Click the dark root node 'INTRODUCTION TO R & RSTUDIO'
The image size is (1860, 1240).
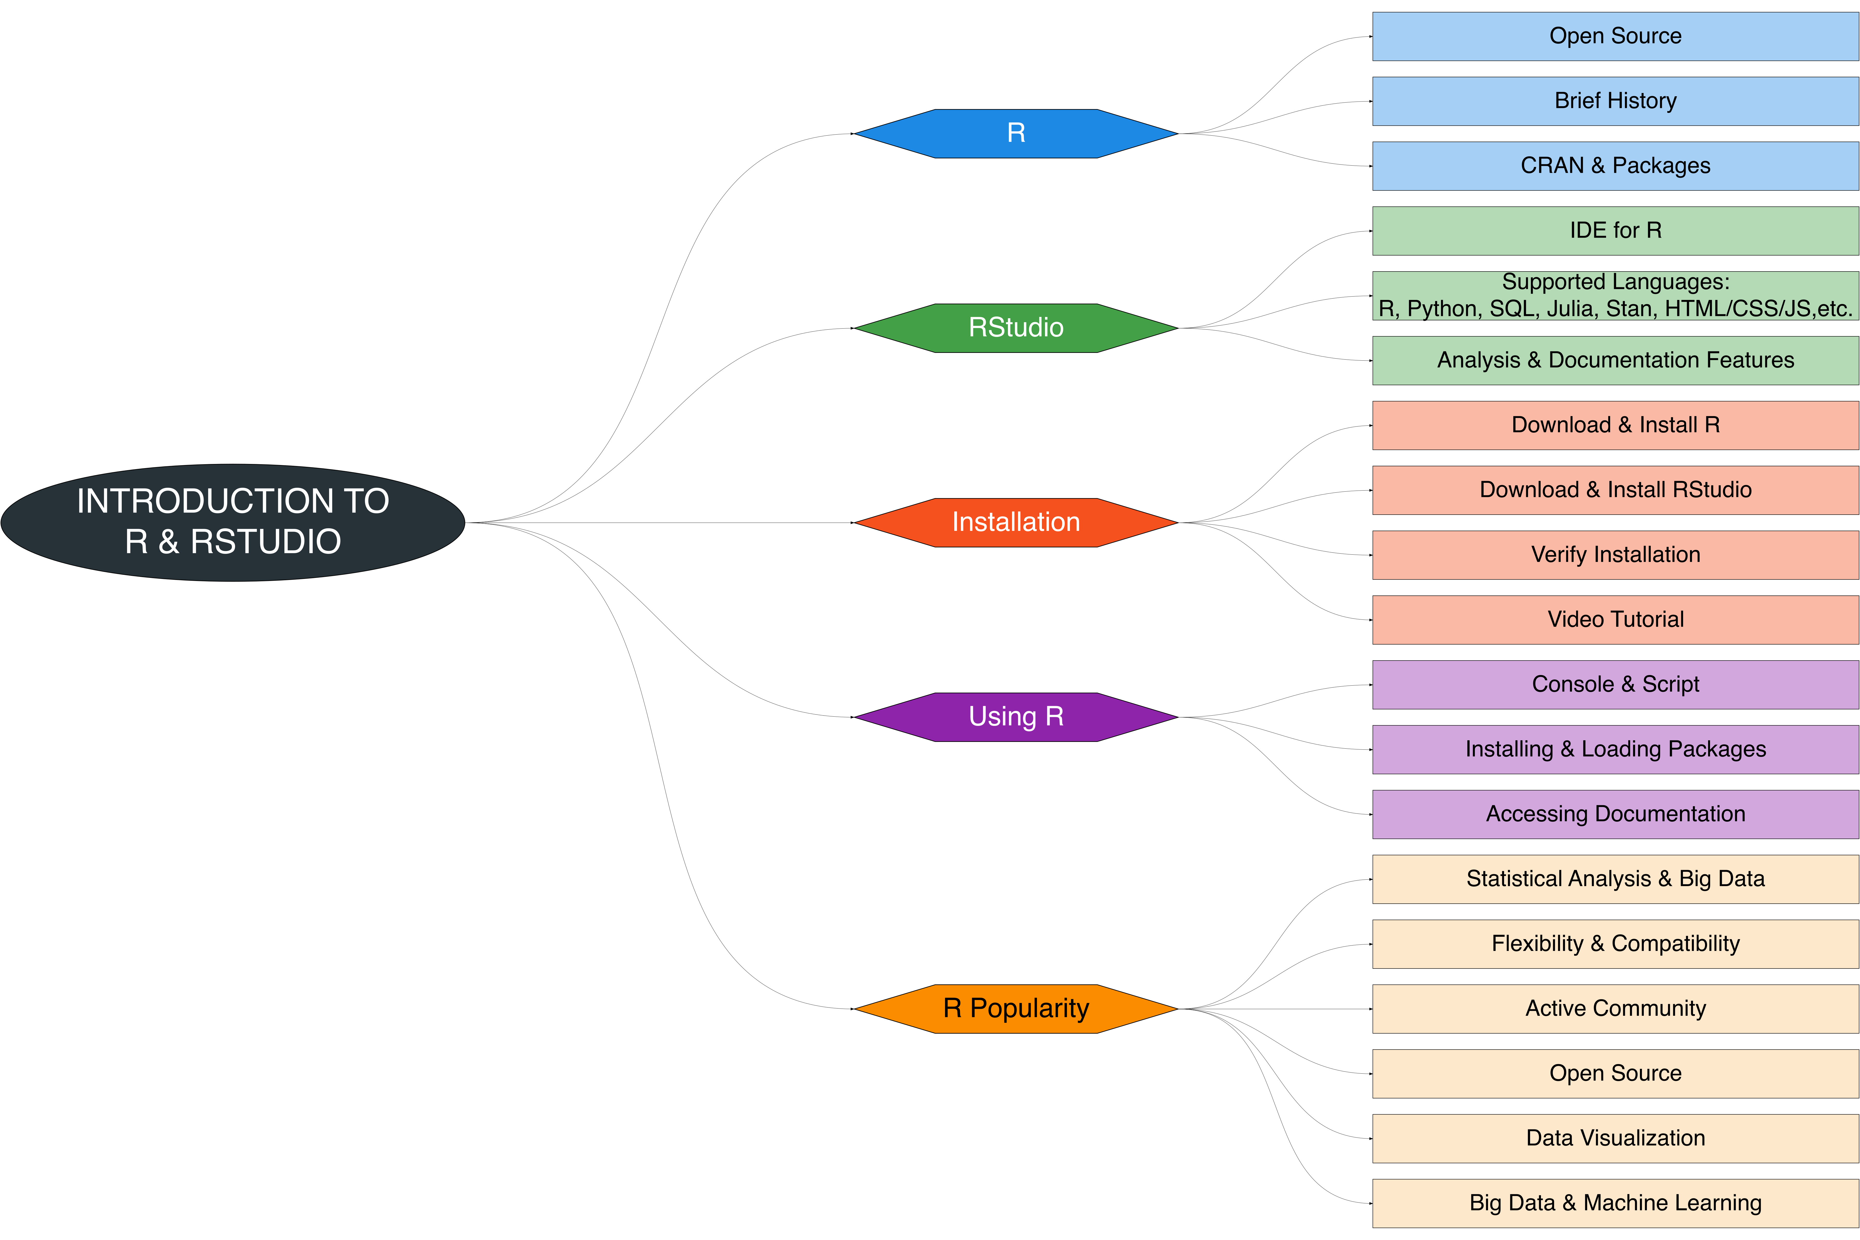click(x=233, y=522)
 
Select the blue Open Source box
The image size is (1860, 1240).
click(x=1615, y=36)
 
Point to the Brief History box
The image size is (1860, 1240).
click(x=1615, y=101)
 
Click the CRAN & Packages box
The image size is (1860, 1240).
click(x=1615, y=166)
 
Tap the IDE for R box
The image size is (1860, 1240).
click(x=1615, y=231)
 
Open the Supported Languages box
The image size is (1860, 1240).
click(x=1615, y=296)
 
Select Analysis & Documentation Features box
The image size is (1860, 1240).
click(x=1615, y=361)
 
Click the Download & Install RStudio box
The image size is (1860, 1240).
click(x=1615, y=490)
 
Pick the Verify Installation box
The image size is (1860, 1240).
click(x=1615, y=555)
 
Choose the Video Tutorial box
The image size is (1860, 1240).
click(x=1615, y=620)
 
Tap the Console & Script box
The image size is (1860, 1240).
click(x=1615, y=685)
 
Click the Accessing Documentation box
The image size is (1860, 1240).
click(x=1615, y=815)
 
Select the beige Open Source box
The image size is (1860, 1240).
click(x=1615, y=1074)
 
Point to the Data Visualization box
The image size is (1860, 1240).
click(x=1615, y=1139)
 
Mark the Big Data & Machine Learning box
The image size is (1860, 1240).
click(x=1615, y=1204)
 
